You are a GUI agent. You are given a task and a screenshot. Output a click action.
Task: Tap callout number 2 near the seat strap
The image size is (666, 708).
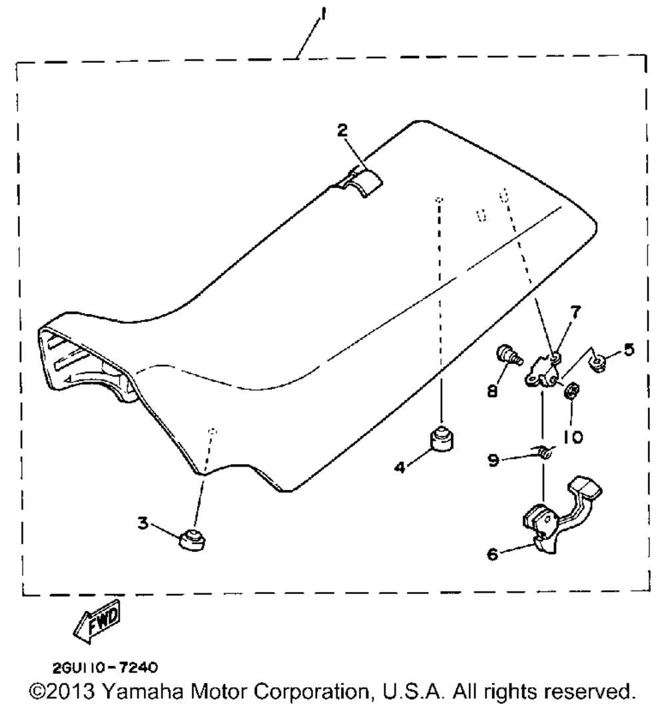tap(342, 131)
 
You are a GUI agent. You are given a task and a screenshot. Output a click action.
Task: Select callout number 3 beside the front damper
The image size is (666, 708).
tap(143, 524)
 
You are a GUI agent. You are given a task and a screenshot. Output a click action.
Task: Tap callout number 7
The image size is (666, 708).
tap(575, 311)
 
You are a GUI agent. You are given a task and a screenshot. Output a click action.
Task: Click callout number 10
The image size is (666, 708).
tap(573, 437)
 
